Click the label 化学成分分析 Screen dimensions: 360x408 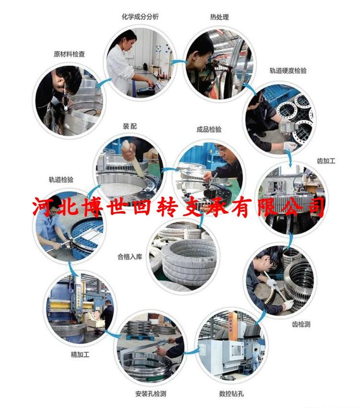click(x=140, y=17)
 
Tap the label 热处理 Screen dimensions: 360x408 click(x=219, y=17)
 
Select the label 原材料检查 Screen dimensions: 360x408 click(x=69, y=54)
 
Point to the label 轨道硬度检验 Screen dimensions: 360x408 click(x=288, y=71)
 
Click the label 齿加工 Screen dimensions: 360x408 click(x=326, y=161)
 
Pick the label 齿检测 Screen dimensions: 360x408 click(x=301, y=324)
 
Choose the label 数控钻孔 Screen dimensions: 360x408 click(x=231, y=394)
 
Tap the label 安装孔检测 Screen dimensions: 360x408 click(x=151, y=394)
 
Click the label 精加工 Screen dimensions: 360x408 click(x=80, y=354)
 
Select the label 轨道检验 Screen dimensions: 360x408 click(x=61, y=180)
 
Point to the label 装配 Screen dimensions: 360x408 click(x=130, y=126)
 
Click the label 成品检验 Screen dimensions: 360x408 click(x=209, y=129)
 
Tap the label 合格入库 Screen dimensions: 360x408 click(x=130, y=257)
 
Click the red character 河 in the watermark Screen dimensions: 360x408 click(x=44, y=206)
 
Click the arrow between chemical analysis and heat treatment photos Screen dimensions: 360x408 click(x=179, y=62)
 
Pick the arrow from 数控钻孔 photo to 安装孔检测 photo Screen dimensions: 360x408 click(x=192, y=352)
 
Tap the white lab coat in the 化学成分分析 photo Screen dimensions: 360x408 click(x=120, y=69)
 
